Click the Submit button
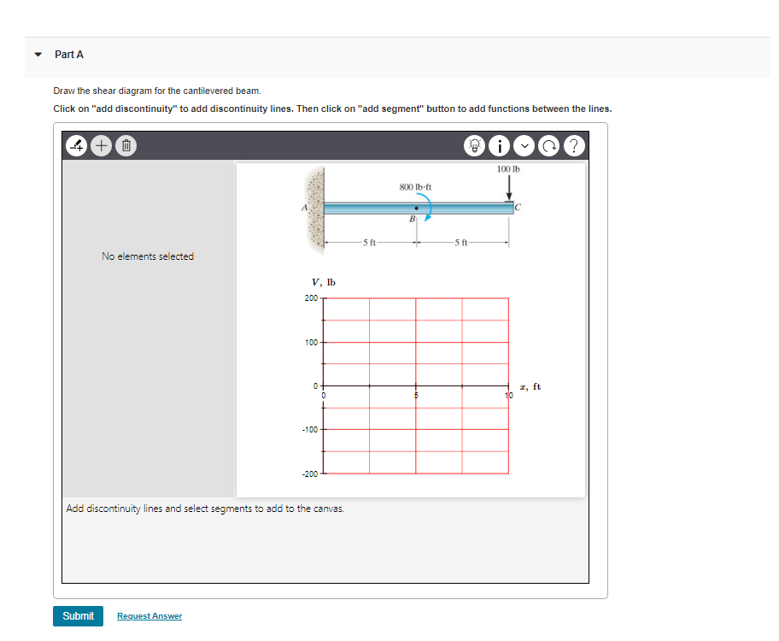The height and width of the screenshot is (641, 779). click(x=78, y=615)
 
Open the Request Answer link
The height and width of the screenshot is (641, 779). click(x=149, y=616)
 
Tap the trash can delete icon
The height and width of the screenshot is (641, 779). click(x=124, y=145)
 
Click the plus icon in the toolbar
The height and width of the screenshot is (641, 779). click(x=101, y=145)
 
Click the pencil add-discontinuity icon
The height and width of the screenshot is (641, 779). click(x=77, y=145)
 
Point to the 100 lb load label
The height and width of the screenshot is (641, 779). click(x=508, y=169)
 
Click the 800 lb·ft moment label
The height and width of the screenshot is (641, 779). click(x=416, y=185)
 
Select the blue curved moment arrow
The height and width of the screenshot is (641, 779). click(x=430, y=209)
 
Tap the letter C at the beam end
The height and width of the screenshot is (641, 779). click(x=518, y=208)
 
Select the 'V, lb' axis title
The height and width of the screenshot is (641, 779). click(x=324, y=282)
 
